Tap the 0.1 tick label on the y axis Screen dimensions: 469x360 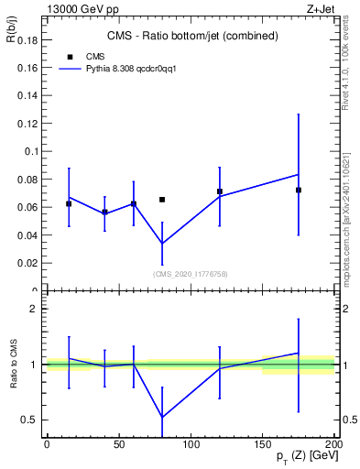(x=31, y=151)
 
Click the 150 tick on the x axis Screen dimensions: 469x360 (x=263, y=443)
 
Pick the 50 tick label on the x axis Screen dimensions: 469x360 (x=119, y=443)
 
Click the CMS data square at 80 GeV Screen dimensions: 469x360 (x=162, y=200)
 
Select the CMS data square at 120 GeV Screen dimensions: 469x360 (x=220, y=191)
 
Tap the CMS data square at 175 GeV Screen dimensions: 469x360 (x=299, y=190)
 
